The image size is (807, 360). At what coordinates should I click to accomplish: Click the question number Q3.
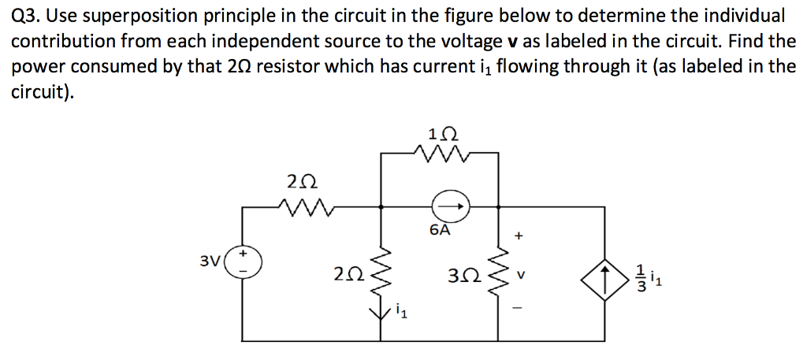tap(27, 16)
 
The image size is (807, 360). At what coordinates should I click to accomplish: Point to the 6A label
tap(441, 231)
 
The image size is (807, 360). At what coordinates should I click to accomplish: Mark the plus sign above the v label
tap(519, 235)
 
